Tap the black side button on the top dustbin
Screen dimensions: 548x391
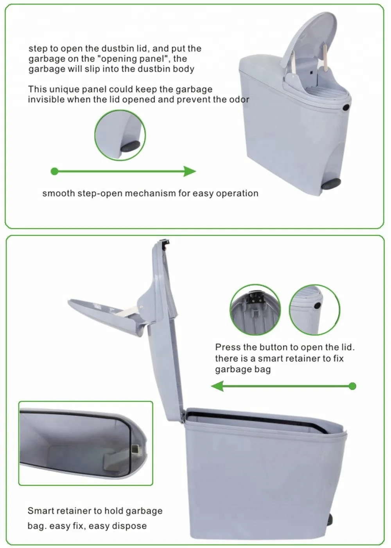346,107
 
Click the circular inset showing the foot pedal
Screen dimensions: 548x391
120,135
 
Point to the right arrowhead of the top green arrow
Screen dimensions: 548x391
190,171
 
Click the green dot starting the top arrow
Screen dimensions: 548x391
55,171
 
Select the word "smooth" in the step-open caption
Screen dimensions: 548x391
59,193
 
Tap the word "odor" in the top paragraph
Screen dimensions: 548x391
239,99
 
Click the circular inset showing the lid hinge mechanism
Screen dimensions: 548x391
255,309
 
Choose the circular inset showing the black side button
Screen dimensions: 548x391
314,309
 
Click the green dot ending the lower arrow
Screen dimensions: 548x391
352,386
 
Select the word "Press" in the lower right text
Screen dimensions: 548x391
228,347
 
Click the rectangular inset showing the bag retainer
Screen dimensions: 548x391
86,443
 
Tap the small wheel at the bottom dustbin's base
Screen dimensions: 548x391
330,519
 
